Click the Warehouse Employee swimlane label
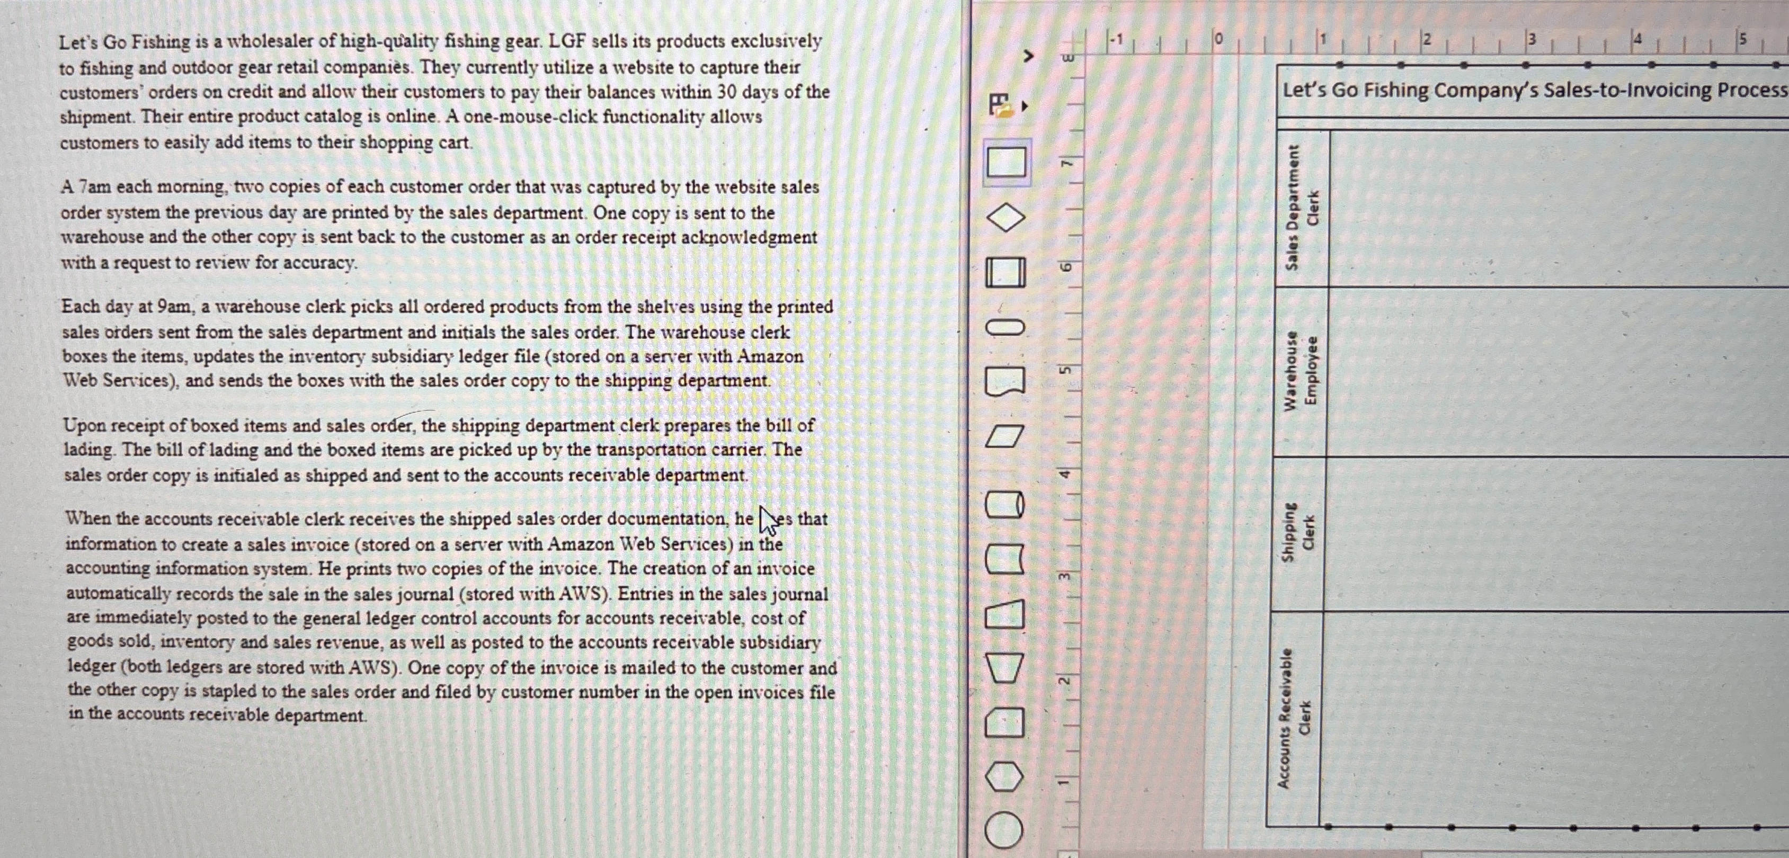(1300, 371)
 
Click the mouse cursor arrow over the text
(767, 519)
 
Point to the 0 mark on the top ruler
(1218, 40)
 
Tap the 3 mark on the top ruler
(1532, 39)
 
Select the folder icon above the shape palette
(1000, 105)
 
